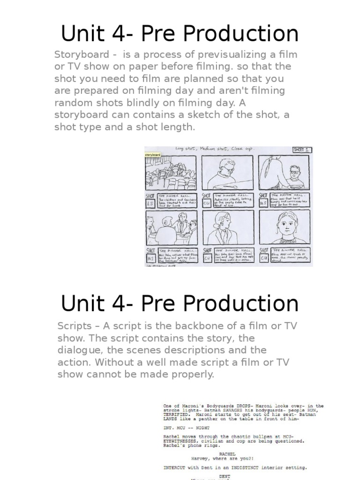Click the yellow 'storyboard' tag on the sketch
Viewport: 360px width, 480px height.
point(153,154)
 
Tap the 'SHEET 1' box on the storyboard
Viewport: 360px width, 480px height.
point(301,150)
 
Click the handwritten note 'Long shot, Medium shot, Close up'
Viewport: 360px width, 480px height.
point(215,149)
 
